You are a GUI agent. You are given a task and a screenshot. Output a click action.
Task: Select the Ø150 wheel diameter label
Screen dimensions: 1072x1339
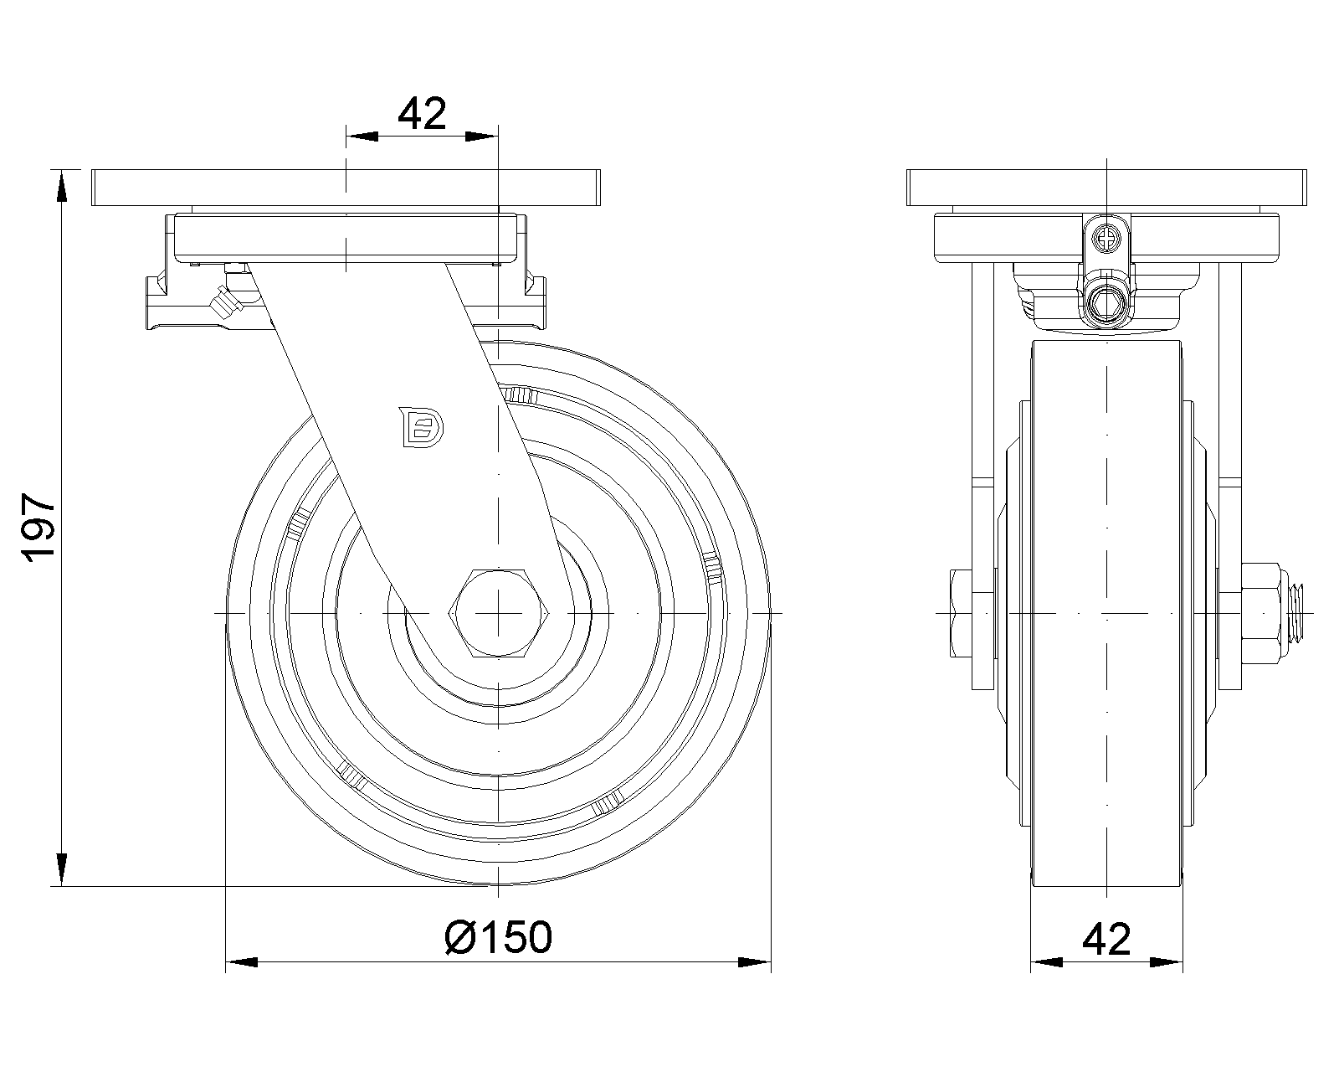pyautogui.click(x=499, y=937)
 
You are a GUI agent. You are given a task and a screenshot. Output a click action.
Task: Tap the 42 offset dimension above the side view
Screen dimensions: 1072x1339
pyautogui.click(x=422, y=113)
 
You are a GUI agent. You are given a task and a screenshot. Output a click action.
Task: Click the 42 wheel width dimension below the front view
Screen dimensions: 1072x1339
pyautogui.click(x=1106, y=940)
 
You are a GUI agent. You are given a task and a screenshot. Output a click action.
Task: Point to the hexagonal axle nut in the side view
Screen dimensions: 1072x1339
pyautogui.click(x=499, y=613)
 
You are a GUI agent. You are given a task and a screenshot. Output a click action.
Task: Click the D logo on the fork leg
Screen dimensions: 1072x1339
pyautogui.click(x=421, y=426)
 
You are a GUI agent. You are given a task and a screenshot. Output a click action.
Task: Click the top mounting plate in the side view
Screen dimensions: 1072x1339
pyautogui.click(x=346, y=188)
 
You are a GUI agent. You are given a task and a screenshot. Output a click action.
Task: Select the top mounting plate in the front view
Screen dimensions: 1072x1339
pyautogui.click(x=1106, y=188)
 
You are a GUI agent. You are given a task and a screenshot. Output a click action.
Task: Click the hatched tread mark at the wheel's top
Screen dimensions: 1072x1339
pyautogui.click(x=521, y=394)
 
